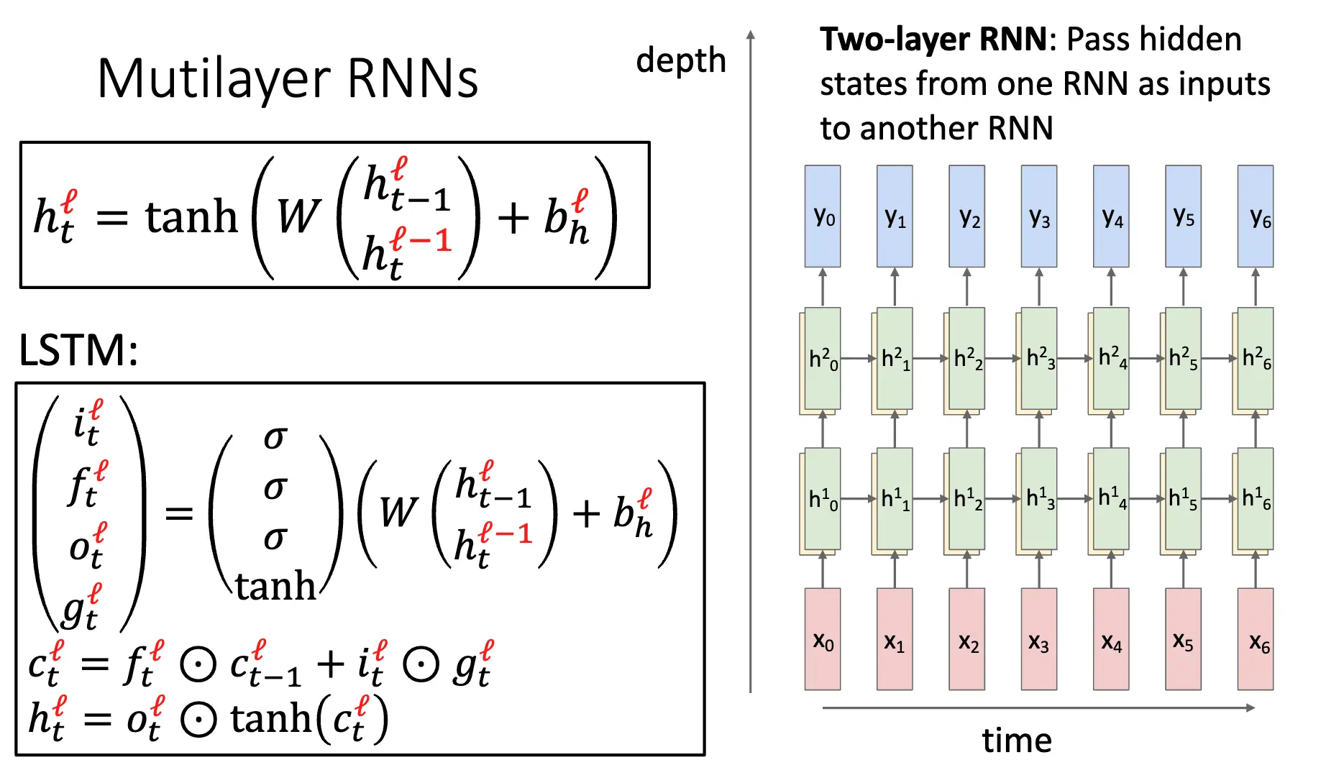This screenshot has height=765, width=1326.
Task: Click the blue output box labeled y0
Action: click(x=823, y=216)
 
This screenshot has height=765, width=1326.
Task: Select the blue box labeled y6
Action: click(x=1256, y=216)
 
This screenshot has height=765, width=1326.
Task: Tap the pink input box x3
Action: click(x=1039, y=639)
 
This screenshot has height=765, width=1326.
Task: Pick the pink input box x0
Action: click(x=823, y=639)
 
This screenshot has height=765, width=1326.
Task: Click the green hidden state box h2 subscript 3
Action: click(x=1040, y=358)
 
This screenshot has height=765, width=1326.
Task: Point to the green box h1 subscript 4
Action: click(x=1112, y=498)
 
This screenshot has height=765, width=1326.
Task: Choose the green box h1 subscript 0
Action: click(x=823, y=498)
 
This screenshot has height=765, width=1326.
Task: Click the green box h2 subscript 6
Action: click(x=1256, y=358)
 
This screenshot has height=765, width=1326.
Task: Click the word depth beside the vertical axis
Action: click(x=680, y=60)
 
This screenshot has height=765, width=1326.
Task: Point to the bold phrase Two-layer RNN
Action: click(x=933, y=40)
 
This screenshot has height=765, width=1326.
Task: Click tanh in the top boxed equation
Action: click(x=191, y=216)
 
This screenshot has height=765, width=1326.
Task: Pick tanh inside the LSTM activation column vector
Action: click(x=275, y=586)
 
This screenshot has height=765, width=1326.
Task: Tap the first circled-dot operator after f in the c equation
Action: click(x=198, y=665)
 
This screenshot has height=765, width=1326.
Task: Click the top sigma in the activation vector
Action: click(x=275, y=436)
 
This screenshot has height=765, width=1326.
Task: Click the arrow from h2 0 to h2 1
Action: click(x=859, y=358)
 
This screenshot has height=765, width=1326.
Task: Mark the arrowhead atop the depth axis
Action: click(x=751, y=35)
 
